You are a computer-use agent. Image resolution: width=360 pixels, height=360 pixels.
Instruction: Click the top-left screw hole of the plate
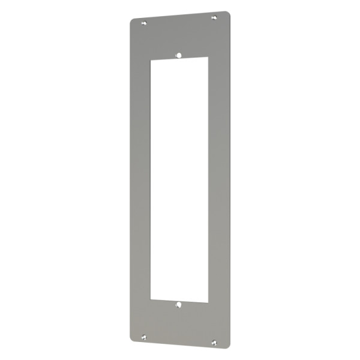point(144,23)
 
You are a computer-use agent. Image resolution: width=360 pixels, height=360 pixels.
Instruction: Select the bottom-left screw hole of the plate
point(143,336)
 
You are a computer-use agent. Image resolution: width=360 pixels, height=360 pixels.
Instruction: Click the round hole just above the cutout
point(178,55)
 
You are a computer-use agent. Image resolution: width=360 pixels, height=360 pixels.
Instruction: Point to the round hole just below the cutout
point(178,305)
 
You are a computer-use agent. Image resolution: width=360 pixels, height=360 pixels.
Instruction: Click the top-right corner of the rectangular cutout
point(208,59)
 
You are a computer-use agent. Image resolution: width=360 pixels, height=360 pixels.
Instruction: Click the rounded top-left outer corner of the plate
point(132,20)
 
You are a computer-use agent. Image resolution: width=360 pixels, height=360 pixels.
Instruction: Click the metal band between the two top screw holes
point(179,30)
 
